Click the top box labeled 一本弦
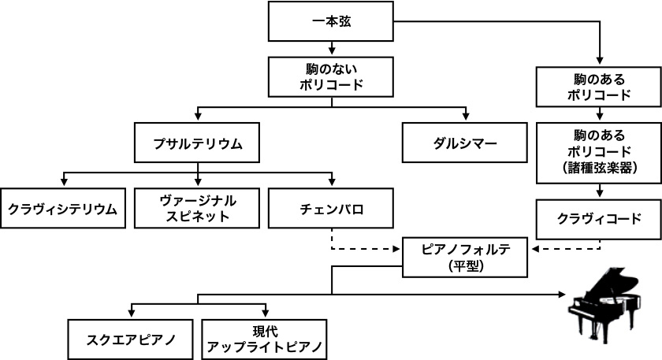click(x=330, y=21)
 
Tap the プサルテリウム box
click(x=197, y=143)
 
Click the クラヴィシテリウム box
click(x=62, y=209)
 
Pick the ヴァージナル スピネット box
click(x=197, y=209)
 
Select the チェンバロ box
click(x=330, y=209)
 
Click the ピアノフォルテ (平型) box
click(x=464, y=257)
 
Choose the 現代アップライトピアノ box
click(x=264, y=339)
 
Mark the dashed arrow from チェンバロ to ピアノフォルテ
click(x=363, y=249)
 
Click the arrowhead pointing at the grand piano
click(x=562, y=294)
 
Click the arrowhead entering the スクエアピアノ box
click(x=130, y=314)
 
